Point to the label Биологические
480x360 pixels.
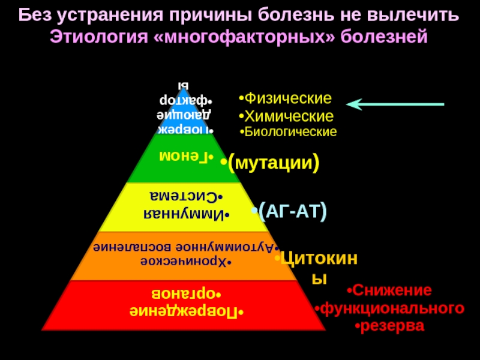coord(290,131)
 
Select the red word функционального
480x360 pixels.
coord(392,308)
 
